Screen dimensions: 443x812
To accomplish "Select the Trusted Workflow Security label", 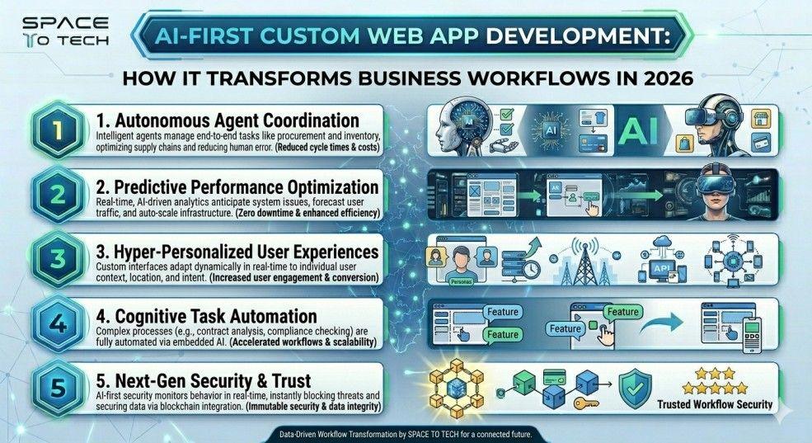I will click(716, 404).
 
